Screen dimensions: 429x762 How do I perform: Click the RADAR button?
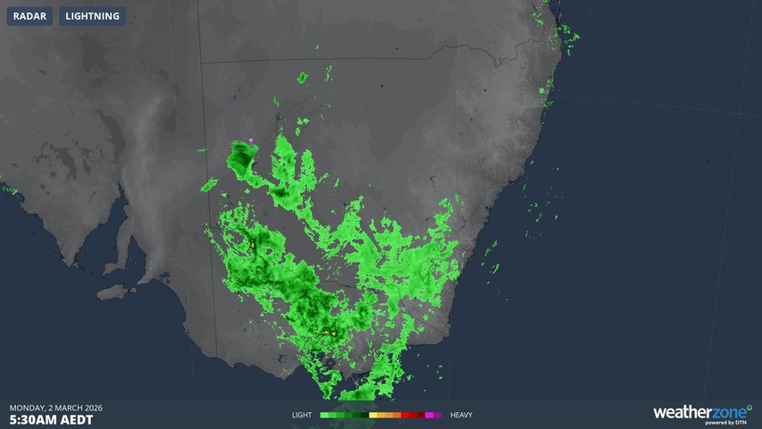[29, 16]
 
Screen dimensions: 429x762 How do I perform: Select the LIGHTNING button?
[92, 16]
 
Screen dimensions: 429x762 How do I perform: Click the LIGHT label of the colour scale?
[302, 415]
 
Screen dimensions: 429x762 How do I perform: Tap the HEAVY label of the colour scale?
[461, 415]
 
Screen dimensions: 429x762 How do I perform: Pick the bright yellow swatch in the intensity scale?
[373, 415]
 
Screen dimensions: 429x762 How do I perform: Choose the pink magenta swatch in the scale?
[429, 415]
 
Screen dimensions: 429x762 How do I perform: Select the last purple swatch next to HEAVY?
[438, 415]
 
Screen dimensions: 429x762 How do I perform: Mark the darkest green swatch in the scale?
[364, 415]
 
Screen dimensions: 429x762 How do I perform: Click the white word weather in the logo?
[682, 412]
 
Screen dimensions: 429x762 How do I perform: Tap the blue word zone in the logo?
[729, 412]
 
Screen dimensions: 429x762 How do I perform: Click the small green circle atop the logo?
[749, 407]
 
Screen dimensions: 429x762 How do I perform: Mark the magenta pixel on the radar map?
[252, 139]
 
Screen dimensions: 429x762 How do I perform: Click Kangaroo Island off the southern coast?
[113, 291]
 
